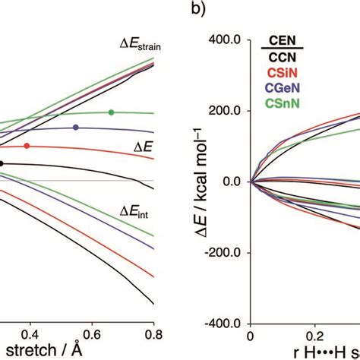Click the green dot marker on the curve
(x=112, y=112)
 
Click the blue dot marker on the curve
(x=76, y=127)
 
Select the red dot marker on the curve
(x=27, y=145)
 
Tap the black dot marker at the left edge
(x=2, y=163)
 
